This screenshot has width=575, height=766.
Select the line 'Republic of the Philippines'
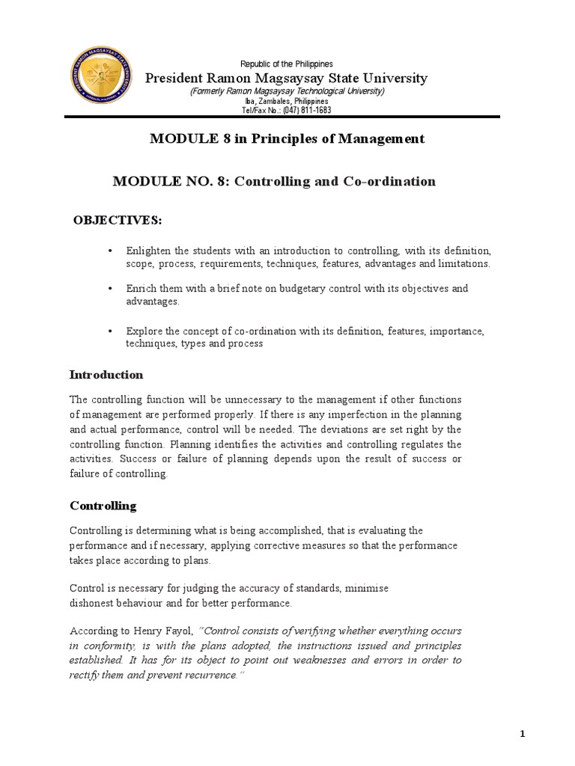click(x=286, y=64)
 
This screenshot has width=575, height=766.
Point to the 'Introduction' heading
click(x=106, y=374)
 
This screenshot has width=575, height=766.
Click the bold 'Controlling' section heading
click(x=103, y=506)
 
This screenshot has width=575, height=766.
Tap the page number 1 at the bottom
click(x=523, y=735)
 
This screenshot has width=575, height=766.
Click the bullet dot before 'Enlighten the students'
click(x=109, y=251)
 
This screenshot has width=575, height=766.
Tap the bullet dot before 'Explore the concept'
click(x=109, y=331)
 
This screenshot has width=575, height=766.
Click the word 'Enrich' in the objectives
click(x=140, y=288)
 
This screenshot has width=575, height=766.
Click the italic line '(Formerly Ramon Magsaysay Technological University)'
click(x=287, y=91)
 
